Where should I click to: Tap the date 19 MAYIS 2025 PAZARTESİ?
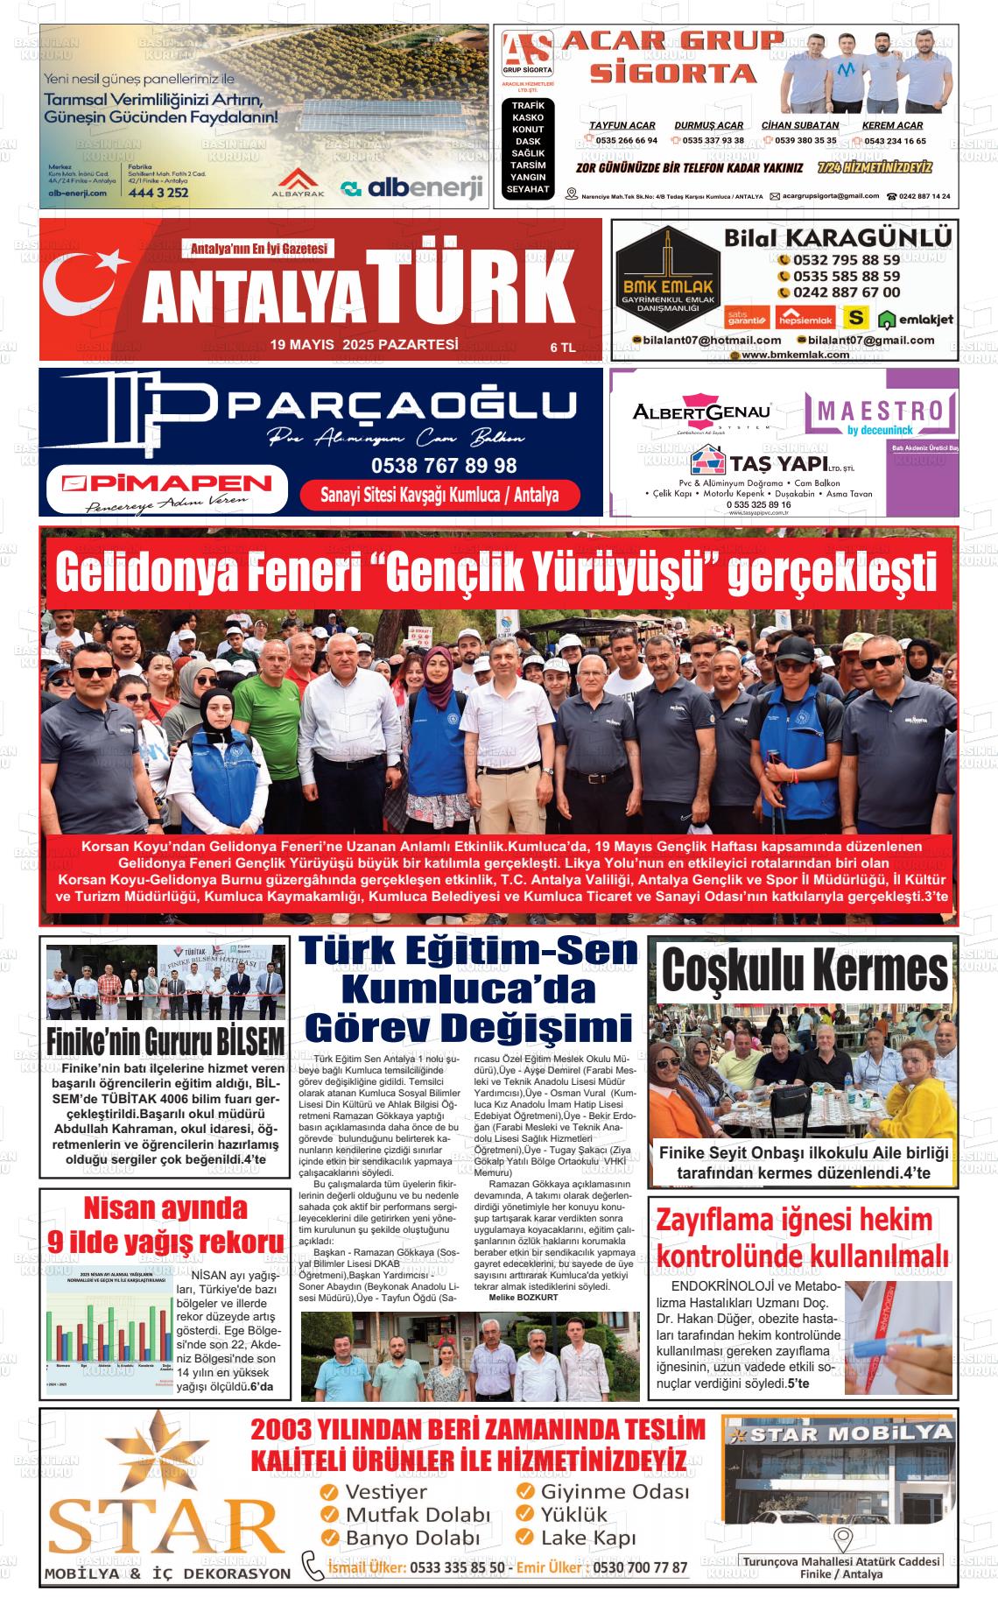coord(364,345)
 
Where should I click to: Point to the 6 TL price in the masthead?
coord(562,348)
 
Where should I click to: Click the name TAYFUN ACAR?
coord(622,125)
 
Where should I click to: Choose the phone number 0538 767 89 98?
coord(444,466)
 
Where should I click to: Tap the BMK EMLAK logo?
coord(668,283)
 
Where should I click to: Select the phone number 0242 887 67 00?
coord(846,292)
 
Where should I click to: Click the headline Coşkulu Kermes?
coord(804,971)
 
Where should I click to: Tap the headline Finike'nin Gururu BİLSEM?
coord(165,1041)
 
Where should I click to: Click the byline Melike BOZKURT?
coord(524,1298)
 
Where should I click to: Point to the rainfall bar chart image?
coord(109,1332)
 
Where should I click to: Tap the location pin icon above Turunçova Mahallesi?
coord(842,1538)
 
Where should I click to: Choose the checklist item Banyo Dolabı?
coord(411,1538)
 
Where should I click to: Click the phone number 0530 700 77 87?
coord(640,1567)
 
